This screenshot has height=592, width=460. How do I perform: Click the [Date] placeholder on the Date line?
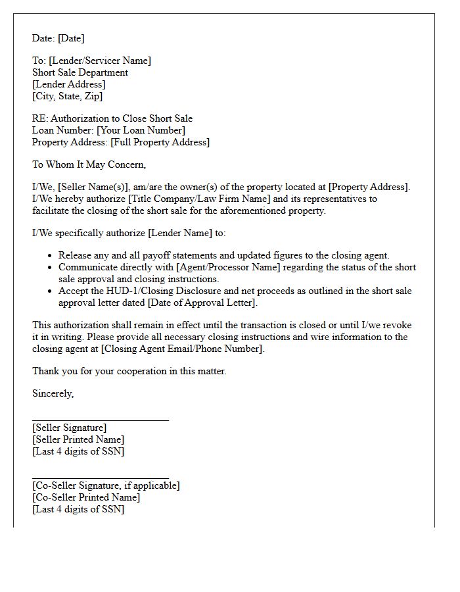click(71, 38)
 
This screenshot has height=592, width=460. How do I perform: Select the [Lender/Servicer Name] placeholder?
click(99, 61)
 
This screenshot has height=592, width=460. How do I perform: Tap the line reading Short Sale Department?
click(80, 72)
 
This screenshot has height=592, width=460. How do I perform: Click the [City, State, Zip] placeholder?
click(67, 96)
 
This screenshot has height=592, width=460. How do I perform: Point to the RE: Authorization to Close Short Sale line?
click(112, 118)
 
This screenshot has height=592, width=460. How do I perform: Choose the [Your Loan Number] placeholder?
click(141, 130)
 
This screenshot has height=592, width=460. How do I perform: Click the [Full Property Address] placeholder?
click(160, 142)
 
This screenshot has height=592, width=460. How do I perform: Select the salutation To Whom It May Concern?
click(89, 164)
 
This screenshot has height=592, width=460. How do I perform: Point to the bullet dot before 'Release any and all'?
click(51, 255)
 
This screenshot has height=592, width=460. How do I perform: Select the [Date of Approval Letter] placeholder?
click(202, 303)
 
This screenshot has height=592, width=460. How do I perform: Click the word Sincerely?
click(53, 393)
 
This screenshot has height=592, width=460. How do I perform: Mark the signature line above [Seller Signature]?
click(101, 419)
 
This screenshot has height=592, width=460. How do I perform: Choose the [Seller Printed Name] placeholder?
click(78, 439)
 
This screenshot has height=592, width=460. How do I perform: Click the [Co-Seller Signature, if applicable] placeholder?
click(106, 485)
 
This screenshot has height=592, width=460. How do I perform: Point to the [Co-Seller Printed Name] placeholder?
click(86, 497)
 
